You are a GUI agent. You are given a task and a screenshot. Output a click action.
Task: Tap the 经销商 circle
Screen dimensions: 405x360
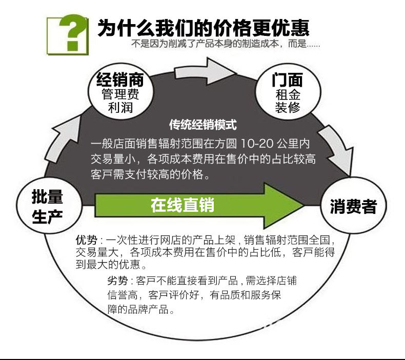tap(120, 93)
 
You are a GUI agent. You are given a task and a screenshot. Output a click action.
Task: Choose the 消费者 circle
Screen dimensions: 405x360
tap(353, 206)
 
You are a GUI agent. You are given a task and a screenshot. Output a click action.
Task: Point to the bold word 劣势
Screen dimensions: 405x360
tap(117, 281)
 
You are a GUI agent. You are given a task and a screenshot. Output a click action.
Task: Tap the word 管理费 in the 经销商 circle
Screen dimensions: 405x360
tap(120, 94)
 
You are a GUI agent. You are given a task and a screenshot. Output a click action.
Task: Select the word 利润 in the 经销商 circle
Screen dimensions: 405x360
tap(120, 108)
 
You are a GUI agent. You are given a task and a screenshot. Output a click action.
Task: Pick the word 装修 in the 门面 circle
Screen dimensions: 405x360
tap(287, 108)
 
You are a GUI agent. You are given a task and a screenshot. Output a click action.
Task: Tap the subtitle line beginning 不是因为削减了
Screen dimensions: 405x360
tap(226, 44)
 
